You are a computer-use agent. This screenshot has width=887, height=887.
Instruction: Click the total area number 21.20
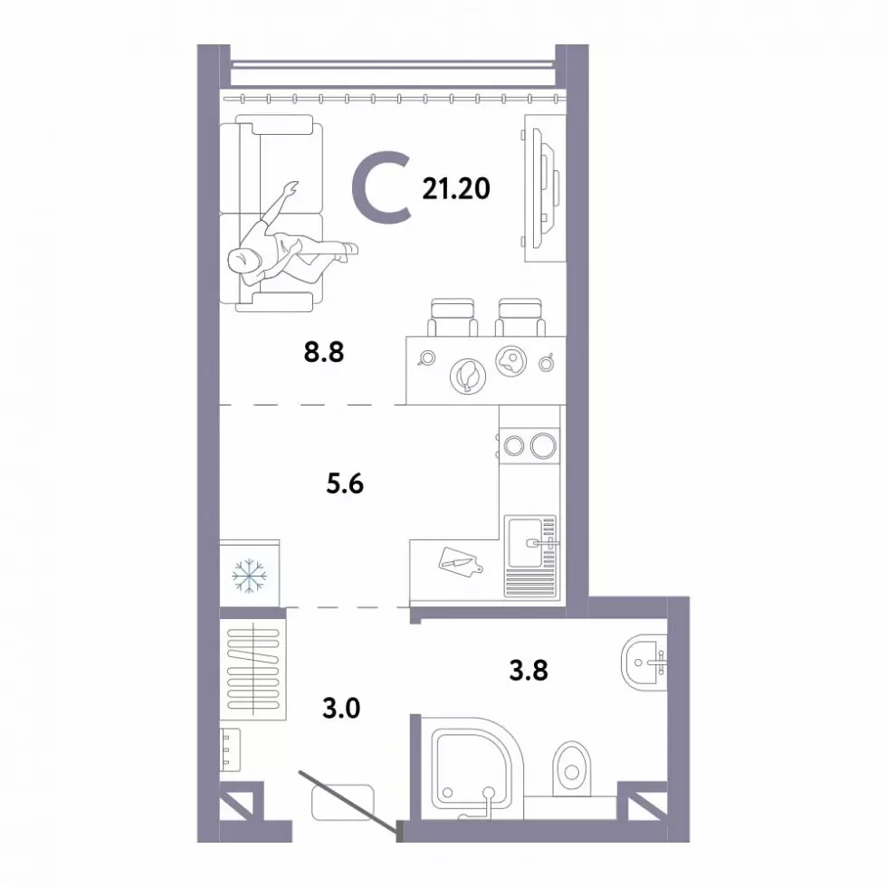(x=456, y=189)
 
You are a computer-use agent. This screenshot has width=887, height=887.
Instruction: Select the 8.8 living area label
(x=324, y=352)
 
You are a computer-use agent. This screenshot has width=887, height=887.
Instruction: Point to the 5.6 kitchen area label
(x=345, y=484)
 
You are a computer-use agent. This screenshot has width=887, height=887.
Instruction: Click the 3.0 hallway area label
(x=341, y=708)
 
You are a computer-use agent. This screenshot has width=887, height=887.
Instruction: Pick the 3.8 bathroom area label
(x=529, y=671)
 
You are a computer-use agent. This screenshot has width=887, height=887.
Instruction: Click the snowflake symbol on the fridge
(x=250, y=577)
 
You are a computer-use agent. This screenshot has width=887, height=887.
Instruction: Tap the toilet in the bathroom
(x=572, y=768)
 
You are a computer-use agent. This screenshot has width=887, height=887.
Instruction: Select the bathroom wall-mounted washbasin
(x=644, y=663)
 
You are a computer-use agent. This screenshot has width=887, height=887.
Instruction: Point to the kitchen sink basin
(x=526, y=543)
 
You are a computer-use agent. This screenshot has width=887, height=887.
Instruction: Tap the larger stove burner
(x=544, y=445)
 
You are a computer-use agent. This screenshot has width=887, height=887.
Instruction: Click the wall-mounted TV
(x=542, y=189)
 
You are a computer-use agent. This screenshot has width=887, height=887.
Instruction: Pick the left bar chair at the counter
(x=453, y=318)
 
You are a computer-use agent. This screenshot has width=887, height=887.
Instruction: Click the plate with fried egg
(x=511, y=360)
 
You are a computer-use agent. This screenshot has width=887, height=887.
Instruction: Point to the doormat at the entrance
(x=343, y=802)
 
